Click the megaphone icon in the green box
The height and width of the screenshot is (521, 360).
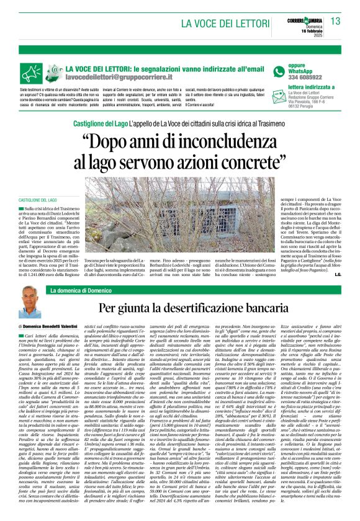point(55,71)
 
